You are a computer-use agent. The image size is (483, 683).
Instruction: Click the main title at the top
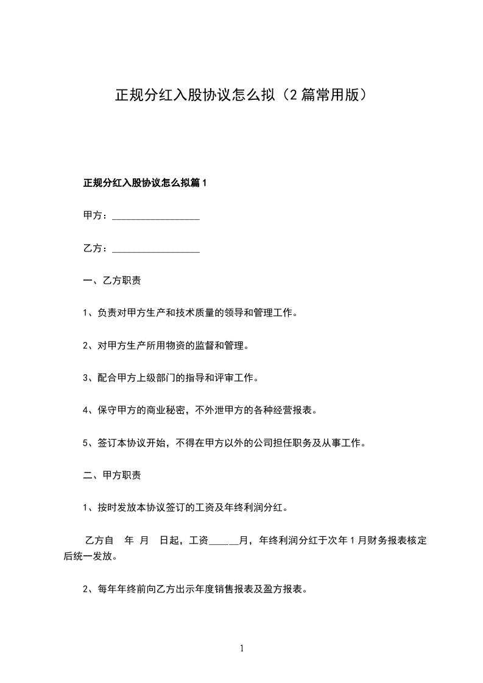241,96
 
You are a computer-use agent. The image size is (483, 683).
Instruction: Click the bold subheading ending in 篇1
146,183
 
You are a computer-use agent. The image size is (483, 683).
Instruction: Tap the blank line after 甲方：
157,216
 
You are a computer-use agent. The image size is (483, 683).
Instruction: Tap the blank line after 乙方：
157,249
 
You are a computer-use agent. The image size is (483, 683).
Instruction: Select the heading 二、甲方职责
112,475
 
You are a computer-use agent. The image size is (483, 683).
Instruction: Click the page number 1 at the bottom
242,648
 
